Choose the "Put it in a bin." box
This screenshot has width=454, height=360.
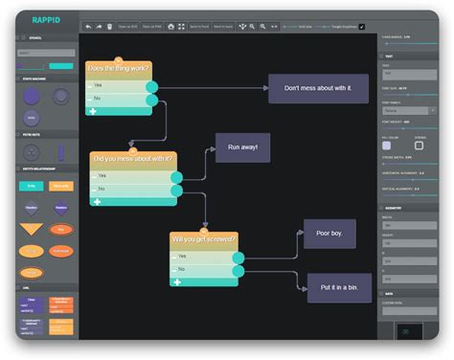[x=338, y=287]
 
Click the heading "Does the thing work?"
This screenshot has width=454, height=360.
[x=118, y=69]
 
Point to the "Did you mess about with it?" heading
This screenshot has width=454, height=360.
[x=133, y=159]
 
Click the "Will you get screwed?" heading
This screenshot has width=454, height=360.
[x=203, y=238]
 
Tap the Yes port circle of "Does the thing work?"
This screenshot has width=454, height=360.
[x=151, y=86]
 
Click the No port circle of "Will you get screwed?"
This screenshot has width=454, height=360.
[x=238, y=270]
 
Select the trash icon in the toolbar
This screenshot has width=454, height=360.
[x=109, y=27]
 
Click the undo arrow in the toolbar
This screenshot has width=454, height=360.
[x=87, y=27]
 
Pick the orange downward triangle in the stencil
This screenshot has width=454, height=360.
[x=32, y=230]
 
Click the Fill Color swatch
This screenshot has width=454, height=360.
[x=388, y=146]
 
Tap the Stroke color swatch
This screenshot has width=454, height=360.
[x=420, y=146]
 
